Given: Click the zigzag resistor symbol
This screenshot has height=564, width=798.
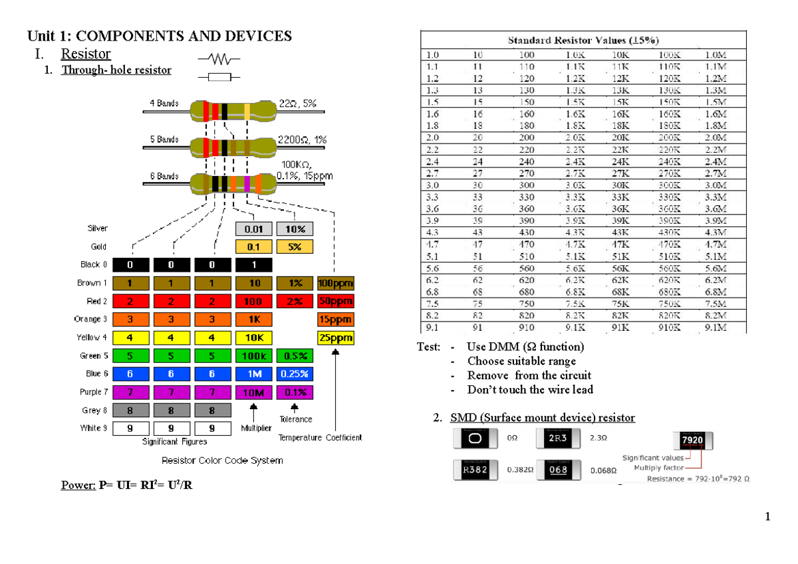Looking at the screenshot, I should tap(219, 59).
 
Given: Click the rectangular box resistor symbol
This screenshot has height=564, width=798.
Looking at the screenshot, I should tap(219, 77).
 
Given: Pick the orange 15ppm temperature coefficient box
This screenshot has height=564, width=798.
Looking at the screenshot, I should tap(336, 319).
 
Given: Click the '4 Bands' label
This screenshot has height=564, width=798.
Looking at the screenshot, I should tap(164, 103).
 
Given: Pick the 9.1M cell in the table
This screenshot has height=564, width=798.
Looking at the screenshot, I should tap(716, 328).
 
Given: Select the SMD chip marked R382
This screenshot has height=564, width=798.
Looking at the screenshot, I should tap(474, 470).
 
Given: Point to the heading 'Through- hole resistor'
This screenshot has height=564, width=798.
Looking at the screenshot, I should tap(116, 70).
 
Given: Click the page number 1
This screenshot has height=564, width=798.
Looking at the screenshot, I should tap(767, 517).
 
